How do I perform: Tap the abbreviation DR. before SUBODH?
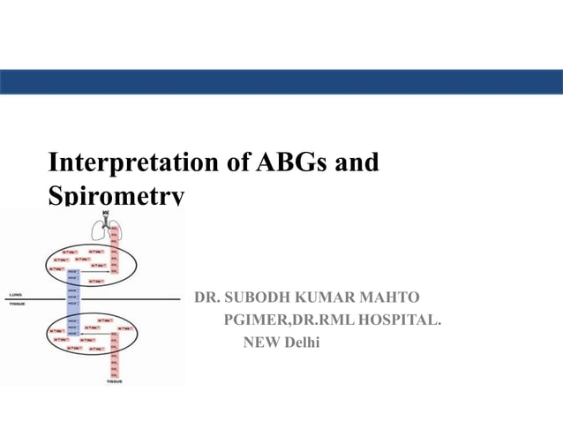[x=206, y=298]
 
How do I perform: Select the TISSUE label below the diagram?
[x=115, y=381]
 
